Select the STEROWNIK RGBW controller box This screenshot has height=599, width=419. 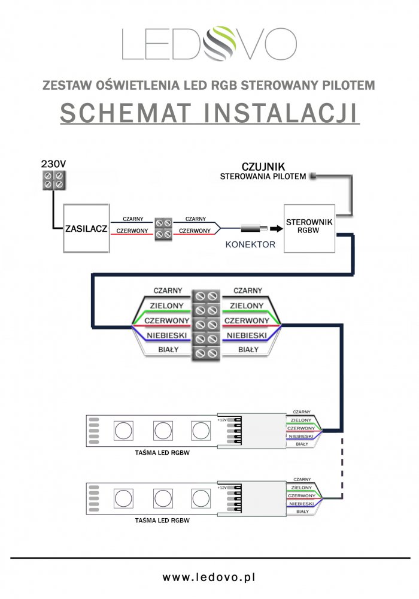308,227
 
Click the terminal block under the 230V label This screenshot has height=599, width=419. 53,180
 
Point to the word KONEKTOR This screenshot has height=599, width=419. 250,244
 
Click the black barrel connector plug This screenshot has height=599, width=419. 252,228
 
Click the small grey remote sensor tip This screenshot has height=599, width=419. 312,176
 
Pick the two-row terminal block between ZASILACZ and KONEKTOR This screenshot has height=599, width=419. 164,228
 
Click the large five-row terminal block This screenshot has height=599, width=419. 207,325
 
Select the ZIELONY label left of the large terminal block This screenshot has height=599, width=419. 168,305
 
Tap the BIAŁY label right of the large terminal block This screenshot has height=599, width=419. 248,349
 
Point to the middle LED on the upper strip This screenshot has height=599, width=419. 163,430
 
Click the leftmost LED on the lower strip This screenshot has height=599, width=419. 124,498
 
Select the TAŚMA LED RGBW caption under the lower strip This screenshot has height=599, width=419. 163,521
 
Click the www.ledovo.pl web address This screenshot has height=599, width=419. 209,577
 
